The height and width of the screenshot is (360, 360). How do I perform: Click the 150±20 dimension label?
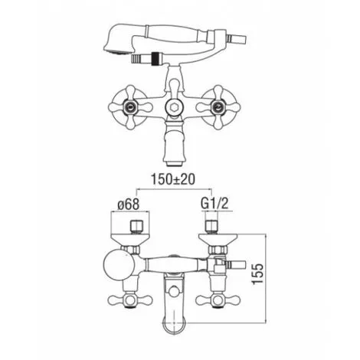click(173, 179)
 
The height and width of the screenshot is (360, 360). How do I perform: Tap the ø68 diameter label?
click(128, 204)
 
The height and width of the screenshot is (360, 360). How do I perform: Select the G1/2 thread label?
click(214, 204)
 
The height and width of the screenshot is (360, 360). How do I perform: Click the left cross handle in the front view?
click(130, 106)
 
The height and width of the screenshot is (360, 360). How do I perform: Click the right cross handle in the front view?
click(218, 106)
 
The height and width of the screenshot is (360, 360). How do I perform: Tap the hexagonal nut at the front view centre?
click(174, 106)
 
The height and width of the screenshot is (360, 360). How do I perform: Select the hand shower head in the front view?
click(117, 41)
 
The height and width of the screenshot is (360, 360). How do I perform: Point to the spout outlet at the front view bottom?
click(174, 162)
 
